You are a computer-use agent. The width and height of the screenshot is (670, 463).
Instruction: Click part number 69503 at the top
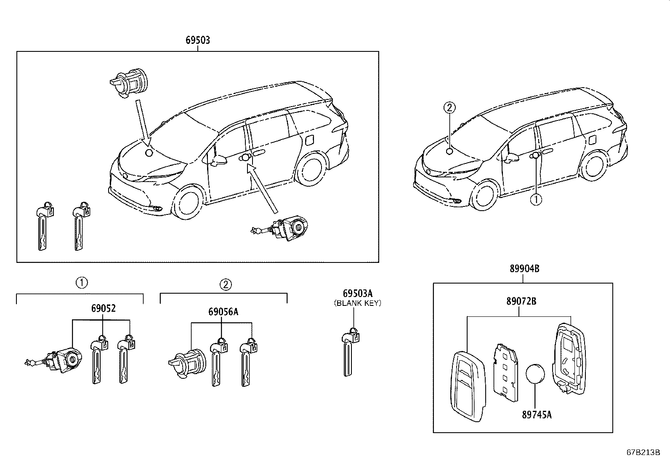[x=198, y=40]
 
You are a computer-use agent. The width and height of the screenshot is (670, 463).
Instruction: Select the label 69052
[x=103, y=309]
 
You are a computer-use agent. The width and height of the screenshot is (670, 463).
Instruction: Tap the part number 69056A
[x=223, y=312]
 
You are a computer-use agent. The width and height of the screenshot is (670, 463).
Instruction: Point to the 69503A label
[x=357, y=294]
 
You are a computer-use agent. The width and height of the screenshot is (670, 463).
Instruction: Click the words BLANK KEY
[x=357, y=303]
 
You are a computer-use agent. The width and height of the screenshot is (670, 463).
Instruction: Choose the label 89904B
[x=524, y=269]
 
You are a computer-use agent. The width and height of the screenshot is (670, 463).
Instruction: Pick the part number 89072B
[x=521, y=302]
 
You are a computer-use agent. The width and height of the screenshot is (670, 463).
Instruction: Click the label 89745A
[x=537, y=415]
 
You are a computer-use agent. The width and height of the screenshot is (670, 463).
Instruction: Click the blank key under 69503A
[x=349, y=354]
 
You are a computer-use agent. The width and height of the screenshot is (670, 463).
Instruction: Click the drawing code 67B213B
[x=643, y=453]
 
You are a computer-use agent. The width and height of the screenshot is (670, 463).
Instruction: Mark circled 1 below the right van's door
[x=536, y=200]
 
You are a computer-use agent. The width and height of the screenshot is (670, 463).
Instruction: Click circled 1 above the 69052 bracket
[x=81, y=283]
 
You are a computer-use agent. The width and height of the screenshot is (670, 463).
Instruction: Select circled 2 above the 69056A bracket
[x=225, y=284]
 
